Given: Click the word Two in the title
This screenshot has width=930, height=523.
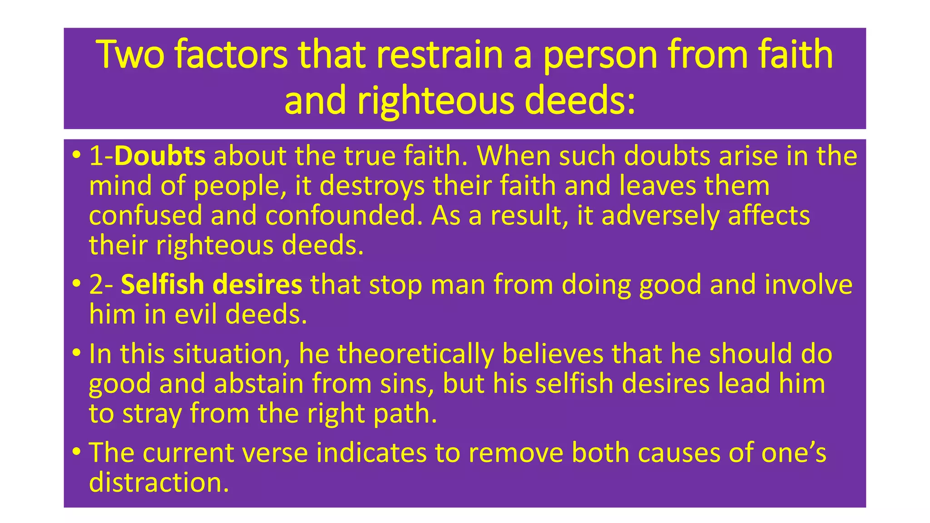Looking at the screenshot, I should pyautogui.click(x=130, y=54).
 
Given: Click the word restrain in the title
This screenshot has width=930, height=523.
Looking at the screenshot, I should pyautogui.click(x=439, y=54).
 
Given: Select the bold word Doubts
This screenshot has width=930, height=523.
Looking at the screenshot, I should pyautogui.click(x=160, y=156).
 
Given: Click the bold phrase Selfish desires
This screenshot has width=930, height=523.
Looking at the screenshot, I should pyautogui.click(x=212, y=285).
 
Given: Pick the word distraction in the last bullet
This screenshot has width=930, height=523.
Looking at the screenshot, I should pyautogui.click(x=159, y=483).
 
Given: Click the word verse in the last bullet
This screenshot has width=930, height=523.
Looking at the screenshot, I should pyautogui.click(x=277, y=453).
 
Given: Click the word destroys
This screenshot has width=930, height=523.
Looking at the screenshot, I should pyautogui.click(x=372, y=187).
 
